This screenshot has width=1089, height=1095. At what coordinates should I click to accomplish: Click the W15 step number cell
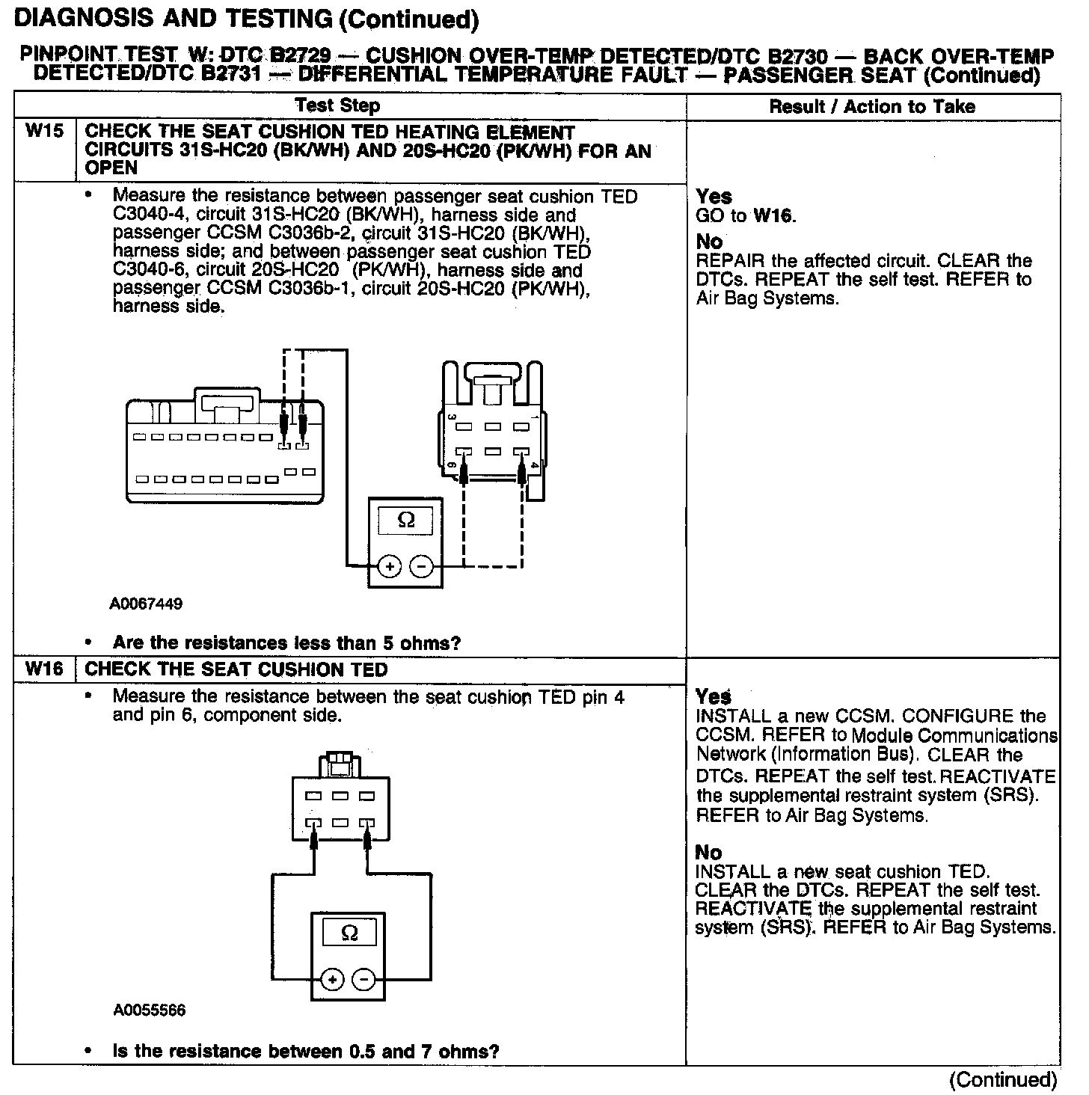[44, 132]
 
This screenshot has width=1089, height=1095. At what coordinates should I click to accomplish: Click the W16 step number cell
[44, 669]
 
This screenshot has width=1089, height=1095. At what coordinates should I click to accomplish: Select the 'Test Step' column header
[337, 106]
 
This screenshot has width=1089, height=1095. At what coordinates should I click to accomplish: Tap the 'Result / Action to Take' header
[872, 106]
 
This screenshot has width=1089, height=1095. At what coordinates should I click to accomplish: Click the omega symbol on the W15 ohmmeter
[405, 520]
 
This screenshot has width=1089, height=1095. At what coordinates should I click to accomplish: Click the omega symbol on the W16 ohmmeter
[349, 933]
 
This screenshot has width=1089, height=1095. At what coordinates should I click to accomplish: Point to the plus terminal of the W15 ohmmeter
[389, 567]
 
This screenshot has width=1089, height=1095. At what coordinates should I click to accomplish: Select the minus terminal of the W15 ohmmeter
[422, 567]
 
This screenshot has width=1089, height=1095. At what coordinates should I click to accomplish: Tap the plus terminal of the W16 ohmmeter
[333, 980]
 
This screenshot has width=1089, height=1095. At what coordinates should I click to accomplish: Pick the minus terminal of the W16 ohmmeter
[364, 980]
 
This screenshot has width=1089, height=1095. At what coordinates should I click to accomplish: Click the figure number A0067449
[146, 604]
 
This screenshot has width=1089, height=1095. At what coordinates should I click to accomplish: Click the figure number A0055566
[150, 1011]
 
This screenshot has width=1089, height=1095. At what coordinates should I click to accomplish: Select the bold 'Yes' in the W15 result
[714, 197]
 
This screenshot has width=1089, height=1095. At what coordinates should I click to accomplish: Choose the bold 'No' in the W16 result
[708, 853]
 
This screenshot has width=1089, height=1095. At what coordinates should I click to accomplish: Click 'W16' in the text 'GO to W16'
[773, 217]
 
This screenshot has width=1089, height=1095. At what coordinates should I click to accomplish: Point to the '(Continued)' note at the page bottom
[1002, 1080]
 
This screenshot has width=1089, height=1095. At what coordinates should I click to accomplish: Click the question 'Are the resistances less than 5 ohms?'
[286, 643]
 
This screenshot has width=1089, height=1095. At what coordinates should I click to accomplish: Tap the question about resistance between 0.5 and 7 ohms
[305, 1052]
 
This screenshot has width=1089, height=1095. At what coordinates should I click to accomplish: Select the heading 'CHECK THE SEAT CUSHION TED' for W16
[236, 669]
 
